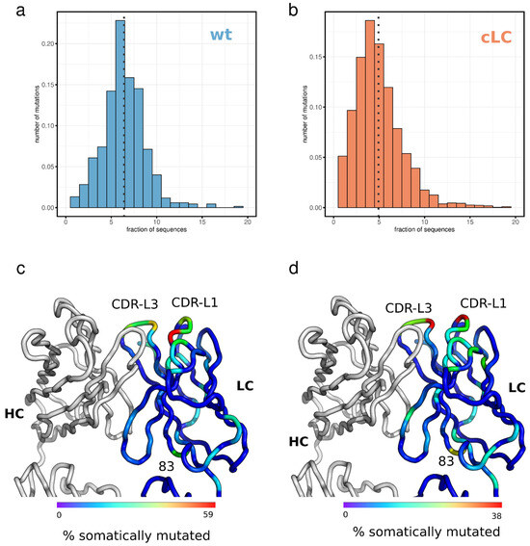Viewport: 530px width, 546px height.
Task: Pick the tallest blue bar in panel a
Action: pyautogui.click(x=120, y=115)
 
